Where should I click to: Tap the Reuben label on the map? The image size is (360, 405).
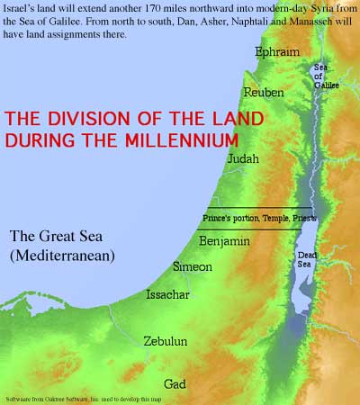264,93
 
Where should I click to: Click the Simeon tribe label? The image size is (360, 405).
192,267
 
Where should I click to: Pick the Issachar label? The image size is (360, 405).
169,295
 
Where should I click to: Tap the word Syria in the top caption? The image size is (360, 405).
301,8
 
